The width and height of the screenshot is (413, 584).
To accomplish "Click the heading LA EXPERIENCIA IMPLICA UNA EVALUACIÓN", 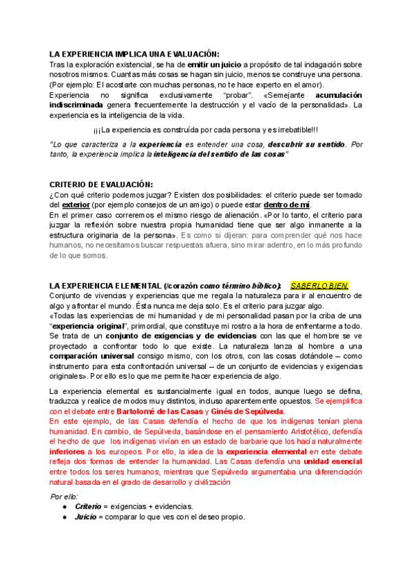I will click(x=135, y=54).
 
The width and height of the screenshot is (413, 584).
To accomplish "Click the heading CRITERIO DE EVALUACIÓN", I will click(x=101, y=185).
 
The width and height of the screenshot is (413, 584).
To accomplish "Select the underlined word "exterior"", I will click(x=76, y=205).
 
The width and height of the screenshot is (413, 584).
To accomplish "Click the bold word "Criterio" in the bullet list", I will click(x=88, y=506).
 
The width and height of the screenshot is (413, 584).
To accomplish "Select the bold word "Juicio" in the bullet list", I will click(x=85, y=517).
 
